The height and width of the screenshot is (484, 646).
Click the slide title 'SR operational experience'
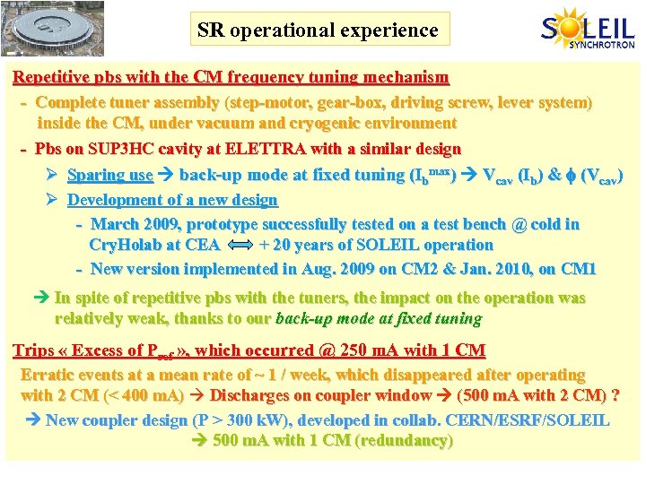pyautogui.click(x=319, y=30)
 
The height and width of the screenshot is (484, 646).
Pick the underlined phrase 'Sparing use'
pyautogui.click(x=110, y=175)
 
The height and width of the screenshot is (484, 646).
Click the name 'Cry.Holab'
pyautogui.click(x=124, y=245)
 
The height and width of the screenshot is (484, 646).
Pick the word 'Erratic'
pyautogui.click(x=49, y=375)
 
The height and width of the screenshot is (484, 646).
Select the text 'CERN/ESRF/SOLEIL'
pyautogui.click(x=543, y=419)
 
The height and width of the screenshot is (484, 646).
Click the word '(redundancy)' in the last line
pyautogui.click(x=405, y=440)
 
